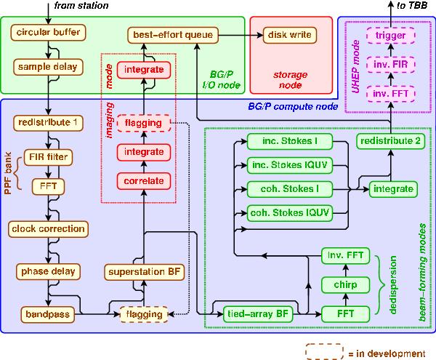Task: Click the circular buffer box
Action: [x=48, y=33]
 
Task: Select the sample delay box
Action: [x=48, y=67]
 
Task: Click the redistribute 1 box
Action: [x=48, y=123]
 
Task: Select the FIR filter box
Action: [x=48, y=156]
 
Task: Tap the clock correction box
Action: [x=48, y=228]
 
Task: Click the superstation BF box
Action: [x=143, y=271]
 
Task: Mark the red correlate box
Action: [x=143, y=179]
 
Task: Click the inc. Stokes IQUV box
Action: [x=286, y=164]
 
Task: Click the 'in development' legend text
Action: [x=393, y=353]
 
